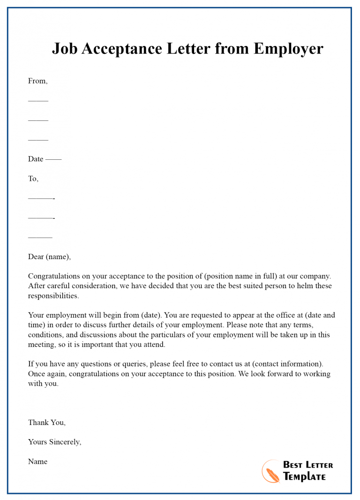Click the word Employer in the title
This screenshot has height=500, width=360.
[x=288, y=49]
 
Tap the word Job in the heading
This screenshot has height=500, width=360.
[x=64, y=49]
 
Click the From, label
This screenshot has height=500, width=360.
[x=37, y=81]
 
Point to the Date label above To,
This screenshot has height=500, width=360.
[x=36, y=159]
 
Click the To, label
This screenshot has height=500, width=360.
[x=33, y=179]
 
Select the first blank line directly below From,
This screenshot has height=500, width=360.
[x=38, y=101]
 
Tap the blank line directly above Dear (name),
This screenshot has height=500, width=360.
[x=40, y=237]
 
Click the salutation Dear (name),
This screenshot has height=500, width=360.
[x=49, y=257]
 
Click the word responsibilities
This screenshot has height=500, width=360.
[x=53, y=296]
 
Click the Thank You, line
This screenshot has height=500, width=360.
[x=47, y=422]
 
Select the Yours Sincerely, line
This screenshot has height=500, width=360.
[x=54, y=442]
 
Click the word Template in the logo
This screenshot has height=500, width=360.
[x=304, y=477]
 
